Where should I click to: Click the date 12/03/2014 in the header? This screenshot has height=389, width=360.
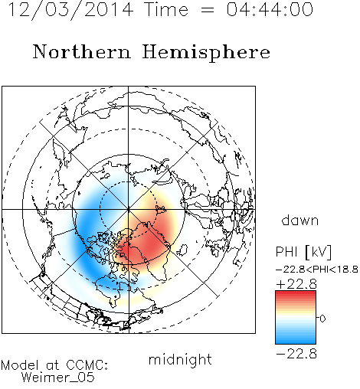[70, 10]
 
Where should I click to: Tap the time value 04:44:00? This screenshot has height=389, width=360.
[270, 9]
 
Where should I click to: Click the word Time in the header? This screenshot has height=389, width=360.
[166, 9]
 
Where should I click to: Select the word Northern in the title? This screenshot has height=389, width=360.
[82, 51]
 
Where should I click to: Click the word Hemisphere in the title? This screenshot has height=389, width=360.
[206, 53]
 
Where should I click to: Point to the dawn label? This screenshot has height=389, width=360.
[300, 220]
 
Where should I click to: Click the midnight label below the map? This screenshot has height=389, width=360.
[180, 360]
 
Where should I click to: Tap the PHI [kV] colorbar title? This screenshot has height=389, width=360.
[303, 252]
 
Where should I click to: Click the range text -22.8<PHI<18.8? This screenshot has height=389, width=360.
[317, 270]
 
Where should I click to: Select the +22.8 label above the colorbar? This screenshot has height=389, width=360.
[296, 284]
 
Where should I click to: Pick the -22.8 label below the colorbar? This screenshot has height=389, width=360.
[296, 355]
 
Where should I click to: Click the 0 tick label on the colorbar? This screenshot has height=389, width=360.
[322, 319]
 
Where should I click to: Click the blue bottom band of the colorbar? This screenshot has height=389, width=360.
[296, 339]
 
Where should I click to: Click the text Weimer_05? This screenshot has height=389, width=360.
[58, 378]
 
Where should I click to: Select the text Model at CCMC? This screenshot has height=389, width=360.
[54, 365]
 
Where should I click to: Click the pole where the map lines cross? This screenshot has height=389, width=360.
[128, 209]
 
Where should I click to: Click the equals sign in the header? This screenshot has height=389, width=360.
[208, 10]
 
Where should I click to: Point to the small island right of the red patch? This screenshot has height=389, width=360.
[182, 250]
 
